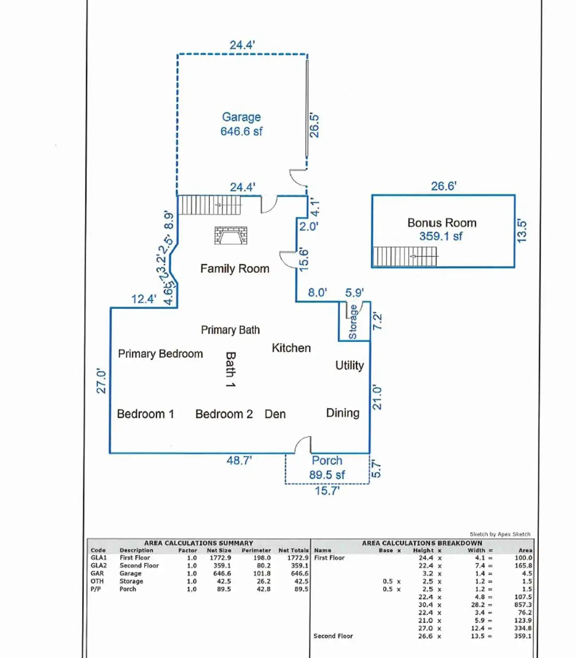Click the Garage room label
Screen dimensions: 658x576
[x=241, y=117]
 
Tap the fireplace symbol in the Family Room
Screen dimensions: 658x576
[x=230, y=235]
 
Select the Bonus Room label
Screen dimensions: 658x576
[x=442, y=223]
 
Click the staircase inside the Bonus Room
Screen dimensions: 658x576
[x=405, y=257]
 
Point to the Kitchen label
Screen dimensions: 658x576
[x=291, y=348]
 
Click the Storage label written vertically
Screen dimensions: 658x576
[x=353, y=322]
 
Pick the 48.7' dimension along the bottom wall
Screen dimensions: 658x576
[x=239, y=461]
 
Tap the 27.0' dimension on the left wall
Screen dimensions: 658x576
[x=101, y=381]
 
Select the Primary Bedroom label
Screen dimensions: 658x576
[x=160, y=354]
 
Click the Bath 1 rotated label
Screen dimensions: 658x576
[x=230, y=369]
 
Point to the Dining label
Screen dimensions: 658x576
[x=343, y=413]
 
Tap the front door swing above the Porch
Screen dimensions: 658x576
[x=303, y=445]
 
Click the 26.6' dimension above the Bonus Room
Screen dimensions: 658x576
[x=444, y=186]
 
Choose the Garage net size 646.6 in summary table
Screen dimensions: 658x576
[x=222, y=573]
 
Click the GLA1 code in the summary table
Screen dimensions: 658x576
[x=99, y=558]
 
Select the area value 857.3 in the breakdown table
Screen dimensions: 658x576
[x=523, y=605]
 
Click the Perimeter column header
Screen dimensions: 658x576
[x=256, y=550]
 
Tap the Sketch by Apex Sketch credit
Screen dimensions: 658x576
[x=500, y=534]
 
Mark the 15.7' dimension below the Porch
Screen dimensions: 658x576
[x=327, y=491]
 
